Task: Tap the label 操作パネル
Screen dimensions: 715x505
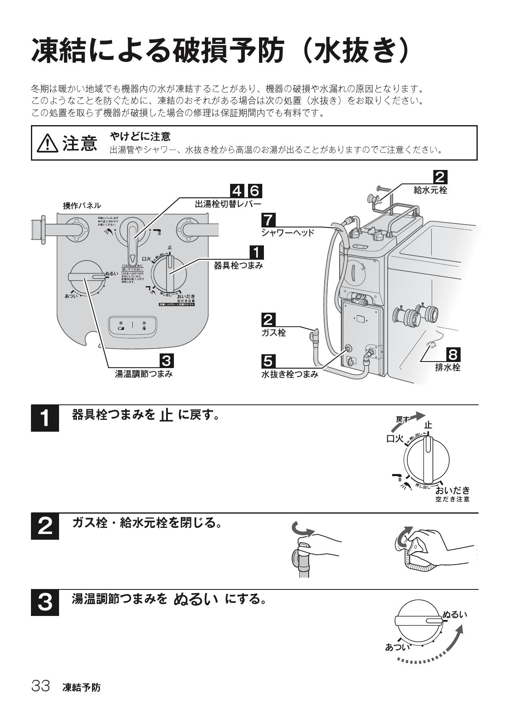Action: coord(82,206)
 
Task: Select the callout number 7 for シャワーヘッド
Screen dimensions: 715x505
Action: coord(268,221)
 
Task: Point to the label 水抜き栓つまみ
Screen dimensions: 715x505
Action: coord(290,374)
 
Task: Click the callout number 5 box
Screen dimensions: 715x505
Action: coord(268,361)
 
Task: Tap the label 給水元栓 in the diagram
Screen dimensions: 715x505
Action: coord(430,190)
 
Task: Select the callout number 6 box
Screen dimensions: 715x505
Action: coord(254,190)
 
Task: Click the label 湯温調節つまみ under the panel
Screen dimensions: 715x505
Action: coord(144,374)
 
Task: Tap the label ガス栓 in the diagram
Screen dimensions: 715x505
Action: coord(274,333)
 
